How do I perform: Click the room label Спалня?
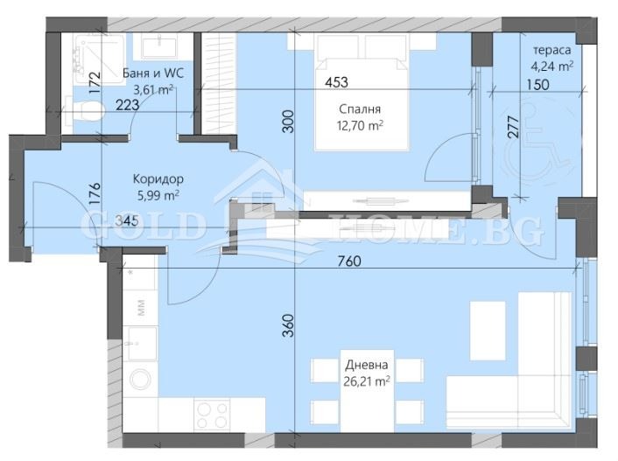(360, 109)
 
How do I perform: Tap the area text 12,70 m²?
(360, 126)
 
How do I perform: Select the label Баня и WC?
(153, 73)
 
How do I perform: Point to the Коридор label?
(158, 179)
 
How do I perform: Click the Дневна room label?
(367, 366)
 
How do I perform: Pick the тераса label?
(551, 51)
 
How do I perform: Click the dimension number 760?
(349, 262)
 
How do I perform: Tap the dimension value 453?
(337, 82)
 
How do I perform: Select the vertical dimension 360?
(289, 325)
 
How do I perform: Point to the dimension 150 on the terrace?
(537, 85)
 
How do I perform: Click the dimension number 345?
(127, 221)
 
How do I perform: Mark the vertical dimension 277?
(513, 126)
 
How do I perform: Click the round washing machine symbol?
(140, 379)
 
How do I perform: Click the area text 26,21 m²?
(367, 381)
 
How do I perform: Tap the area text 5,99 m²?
(158, 195)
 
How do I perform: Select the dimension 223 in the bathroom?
(127, 105)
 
